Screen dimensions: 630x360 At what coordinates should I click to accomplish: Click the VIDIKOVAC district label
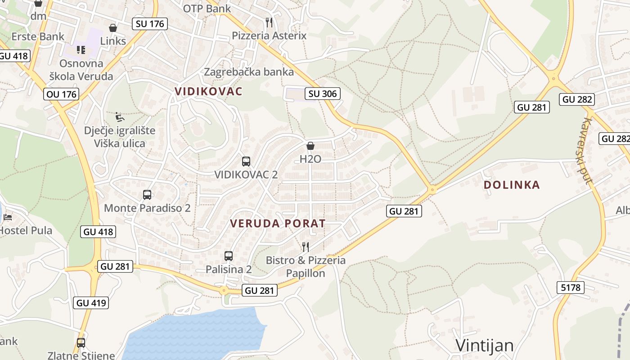point(208,91)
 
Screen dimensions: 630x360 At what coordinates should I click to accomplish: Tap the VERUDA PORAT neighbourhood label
point(278,223)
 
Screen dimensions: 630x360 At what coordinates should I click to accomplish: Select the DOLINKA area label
point(512,184)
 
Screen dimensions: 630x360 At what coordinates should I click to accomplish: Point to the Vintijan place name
point(485,345)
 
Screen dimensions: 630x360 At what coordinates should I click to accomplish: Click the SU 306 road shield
point(322,94)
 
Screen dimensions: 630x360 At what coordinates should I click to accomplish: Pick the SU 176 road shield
point(150,24)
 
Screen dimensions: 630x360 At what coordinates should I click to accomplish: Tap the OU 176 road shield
point(61,94)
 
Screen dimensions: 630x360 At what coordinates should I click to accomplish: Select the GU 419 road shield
point(91,303)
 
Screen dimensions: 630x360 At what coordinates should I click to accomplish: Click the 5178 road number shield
point(571,287)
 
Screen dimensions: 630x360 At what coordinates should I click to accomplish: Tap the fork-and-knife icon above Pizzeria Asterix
point(269,22)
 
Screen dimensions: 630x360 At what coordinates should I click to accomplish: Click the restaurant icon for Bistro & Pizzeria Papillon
point(306,247)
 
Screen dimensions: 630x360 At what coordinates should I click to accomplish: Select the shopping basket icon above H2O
point(310,146)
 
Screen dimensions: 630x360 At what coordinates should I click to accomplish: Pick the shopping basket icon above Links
point(113,28)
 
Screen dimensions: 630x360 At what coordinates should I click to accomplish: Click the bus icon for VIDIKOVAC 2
point(246,162)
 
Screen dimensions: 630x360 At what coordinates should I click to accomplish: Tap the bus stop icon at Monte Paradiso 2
point(147,195)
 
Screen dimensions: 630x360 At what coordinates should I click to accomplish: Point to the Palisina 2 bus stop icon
point(229,256)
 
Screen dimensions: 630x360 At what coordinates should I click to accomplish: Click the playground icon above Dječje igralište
point(120,117)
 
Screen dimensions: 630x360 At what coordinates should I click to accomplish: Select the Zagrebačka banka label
point(249,72)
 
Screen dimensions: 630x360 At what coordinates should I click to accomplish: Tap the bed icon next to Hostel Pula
point(8,217)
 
